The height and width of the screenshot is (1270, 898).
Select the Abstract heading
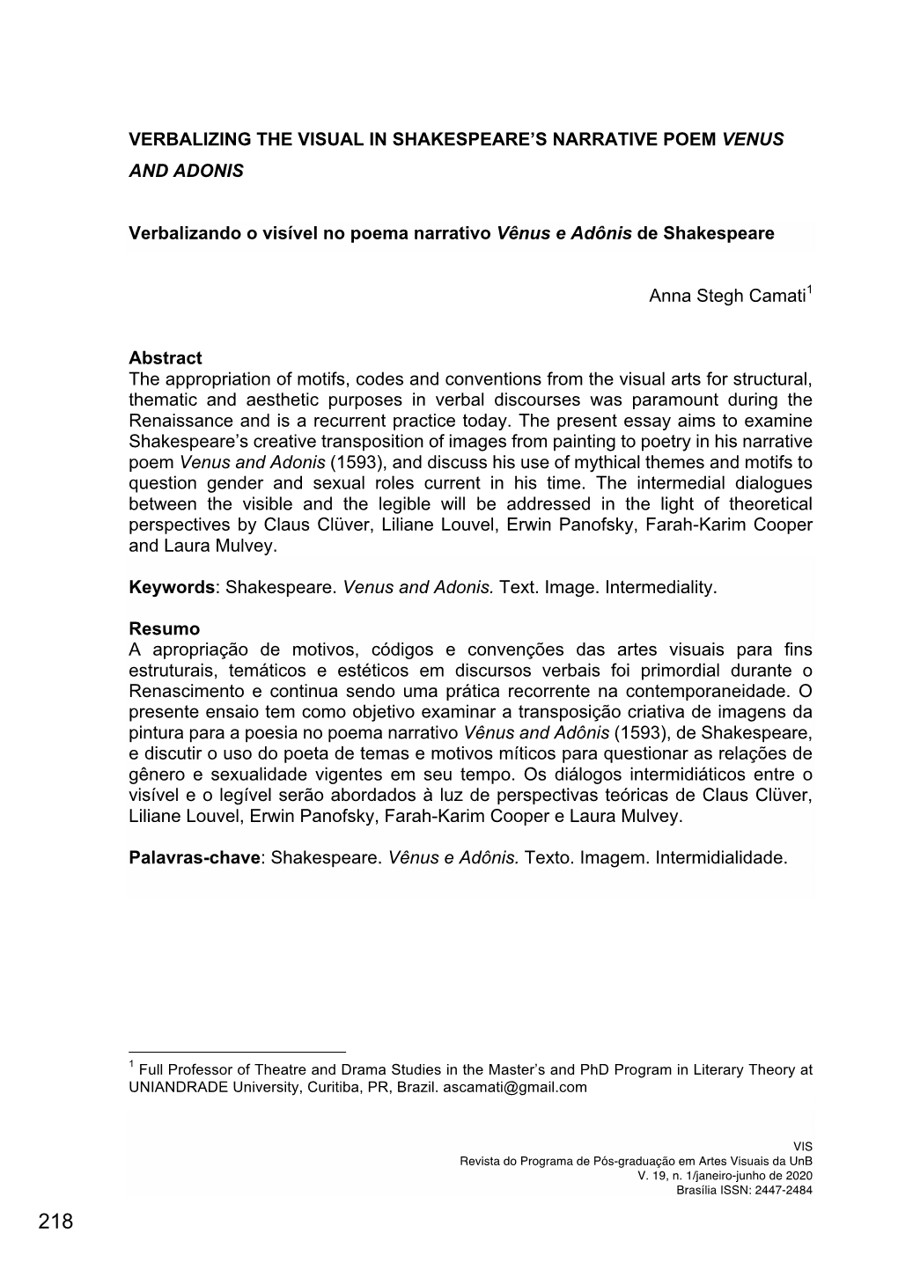click(x=165, y=358)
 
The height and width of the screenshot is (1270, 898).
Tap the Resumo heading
click(x=164, y=629)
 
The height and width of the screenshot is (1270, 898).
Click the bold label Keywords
click(x=171, y=587)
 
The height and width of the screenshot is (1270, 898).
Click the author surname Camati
click(x=777, y=297)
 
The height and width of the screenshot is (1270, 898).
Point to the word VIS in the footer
click(x=803, y=1146)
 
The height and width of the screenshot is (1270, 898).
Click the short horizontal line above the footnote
click(x=237, y=1052)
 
